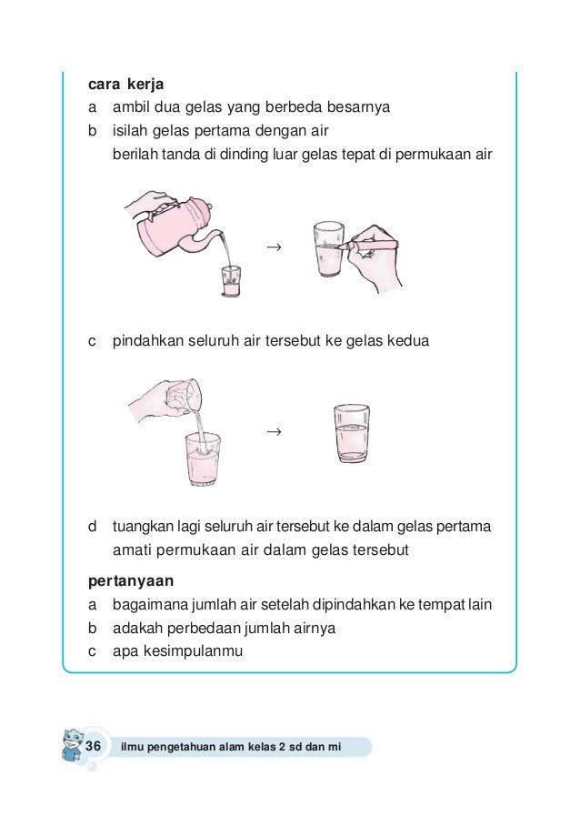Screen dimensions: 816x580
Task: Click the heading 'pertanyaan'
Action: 131,579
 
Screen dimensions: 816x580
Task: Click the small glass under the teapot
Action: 231,281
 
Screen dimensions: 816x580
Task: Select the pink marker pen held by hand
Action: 374,245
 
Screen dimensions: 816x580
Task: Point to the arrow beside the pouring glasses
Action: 272,429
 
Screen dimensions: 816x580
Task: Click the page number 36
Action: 93,745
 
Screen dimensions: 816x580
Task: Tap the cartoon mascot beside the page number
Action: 70,748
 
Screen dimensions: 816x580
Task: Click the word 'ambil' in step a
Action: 130,107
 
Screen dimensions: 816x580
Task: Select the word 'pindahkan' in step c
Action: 149,342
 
